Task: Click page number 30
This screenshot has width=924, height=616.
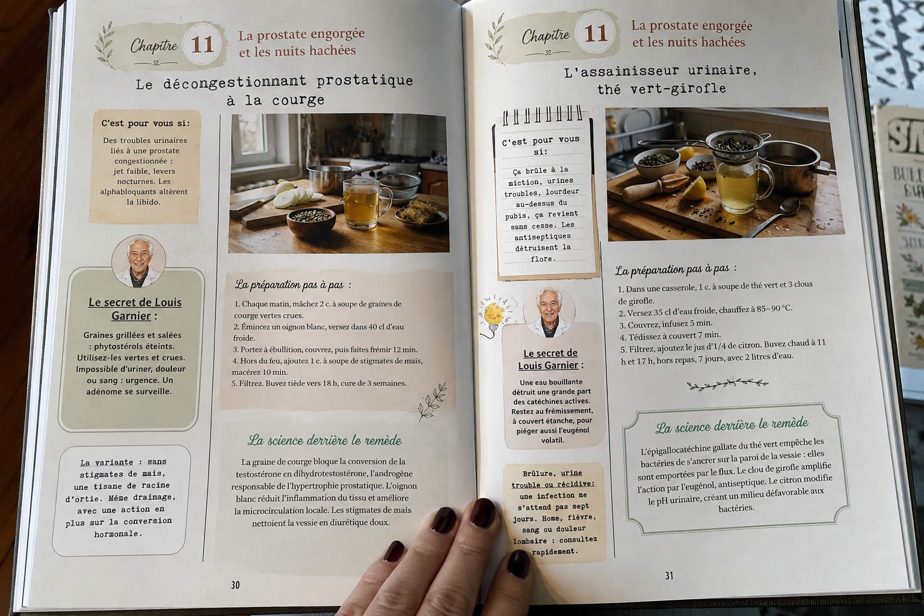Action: (235, 585)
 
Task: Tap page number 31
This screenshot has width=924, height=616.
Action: (669, 575)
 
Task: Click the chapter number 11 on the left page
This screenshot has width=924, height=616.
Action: (202, 44)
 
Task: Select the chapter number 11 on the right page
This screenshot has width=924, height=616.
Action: (595, 33)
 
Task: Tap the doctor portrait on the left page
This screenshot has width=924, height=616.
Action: (138, 261)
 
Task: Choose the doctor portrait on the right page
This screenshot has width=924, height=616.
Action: (549, 312)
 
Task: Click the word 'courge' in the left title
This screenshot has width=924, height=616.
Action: (298, 100)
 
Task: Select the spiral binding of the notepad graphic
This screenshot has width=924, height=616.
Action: (543, 114)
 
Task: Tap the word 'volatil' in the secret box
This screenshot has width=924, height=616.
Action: (552, 440)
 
